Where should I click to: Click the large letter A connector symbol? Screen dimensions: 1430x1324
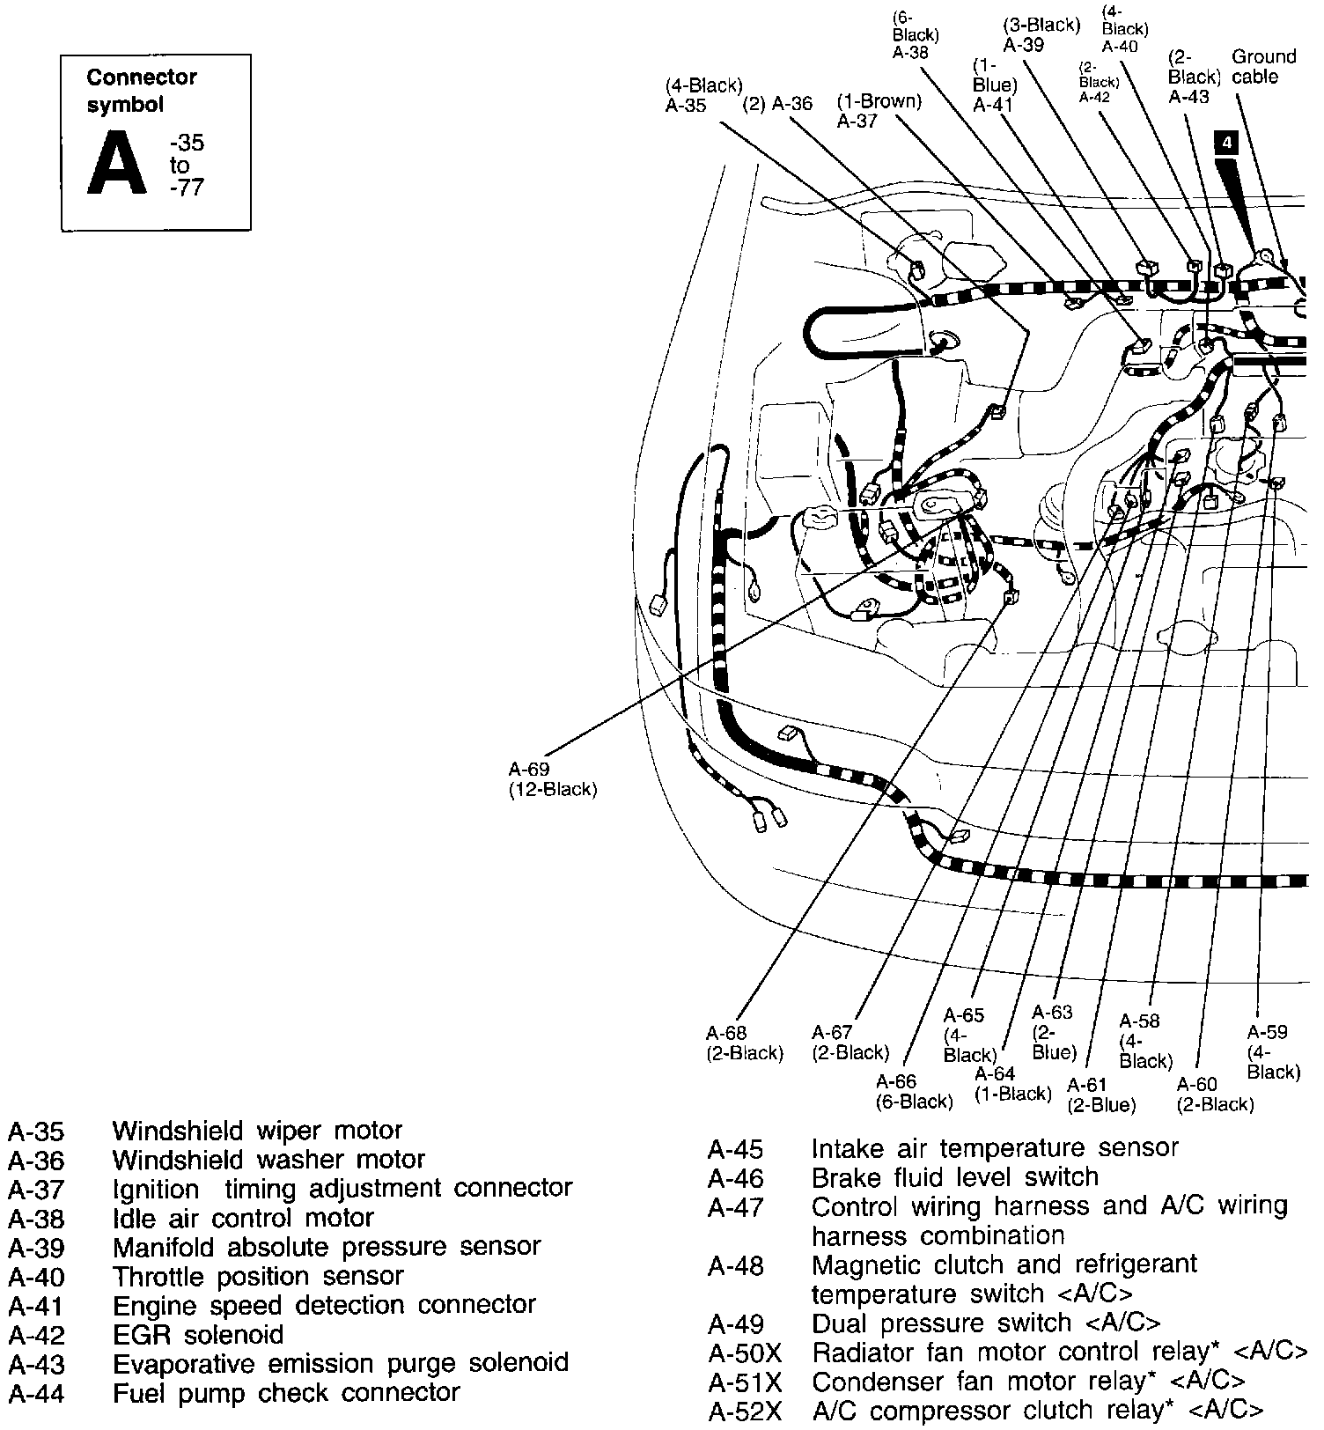[x=117, y=164]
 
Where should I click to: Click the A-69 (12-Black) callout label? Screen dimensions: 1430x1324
[x=552, y=779]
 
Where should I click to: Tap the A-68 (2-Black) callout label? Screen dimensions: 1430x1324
[x=744, y=1043]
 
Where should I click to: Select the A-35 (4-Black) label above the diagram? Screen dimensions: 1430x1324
[x=703, y=95]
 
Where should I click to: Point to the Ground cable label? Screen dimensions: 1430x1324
[x=1263, y=67]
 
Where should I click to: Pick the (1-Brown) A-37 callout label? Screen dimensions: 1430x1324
[x=878, y=111]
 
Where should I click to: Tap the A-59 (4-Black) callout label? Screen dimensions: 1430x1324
[x=1272, y=1051]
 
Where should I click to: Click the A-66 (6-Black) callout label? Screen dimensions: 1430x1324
[x=913, y=1092]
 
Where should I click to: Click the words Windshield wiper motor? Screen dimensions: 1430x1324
[x=257, y=1130]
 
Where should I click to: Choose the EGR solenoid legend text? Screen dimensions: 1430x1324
[x=198, y=1335]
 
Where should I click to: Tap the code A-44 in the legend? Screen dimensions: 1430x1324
[x=36, y=1394]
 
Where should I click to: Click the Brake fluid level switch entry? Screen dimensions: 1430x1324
[x=954, y=1177]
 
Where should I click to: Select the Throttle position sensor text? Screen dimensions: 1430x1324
[x=258, y=1276]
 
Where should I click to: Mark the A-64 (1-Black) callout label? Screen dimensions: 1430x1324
[x=1012, y=1084]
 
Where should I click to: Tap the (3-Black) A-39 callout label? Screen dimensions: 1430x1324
[x=1040, y=35]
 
